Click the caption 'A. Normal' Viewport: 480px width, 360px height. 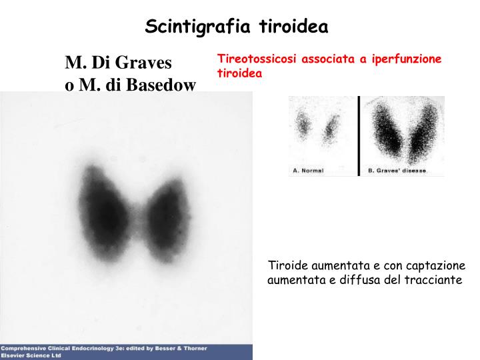tap(308, 171)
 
